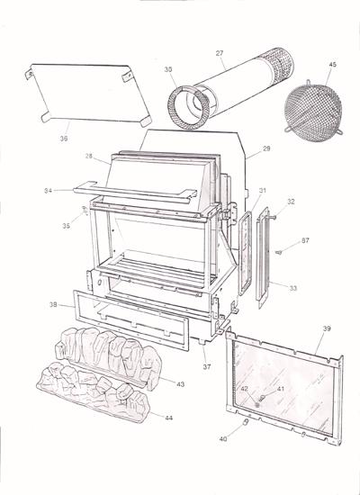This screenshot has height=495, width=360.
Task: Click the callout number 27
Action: coord(219,53)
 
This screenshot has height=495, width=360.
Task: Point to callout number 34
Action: coord(48,191)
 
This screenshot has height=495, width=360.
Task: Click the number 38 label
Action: coord(53,306)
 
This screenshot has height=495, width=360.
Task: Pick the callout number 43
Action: coord(180,384)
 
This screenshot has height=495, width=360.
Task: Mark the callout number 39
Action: coord(326,330)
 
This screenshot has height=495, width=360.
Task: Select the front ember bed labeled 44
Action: coord(90,396)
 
